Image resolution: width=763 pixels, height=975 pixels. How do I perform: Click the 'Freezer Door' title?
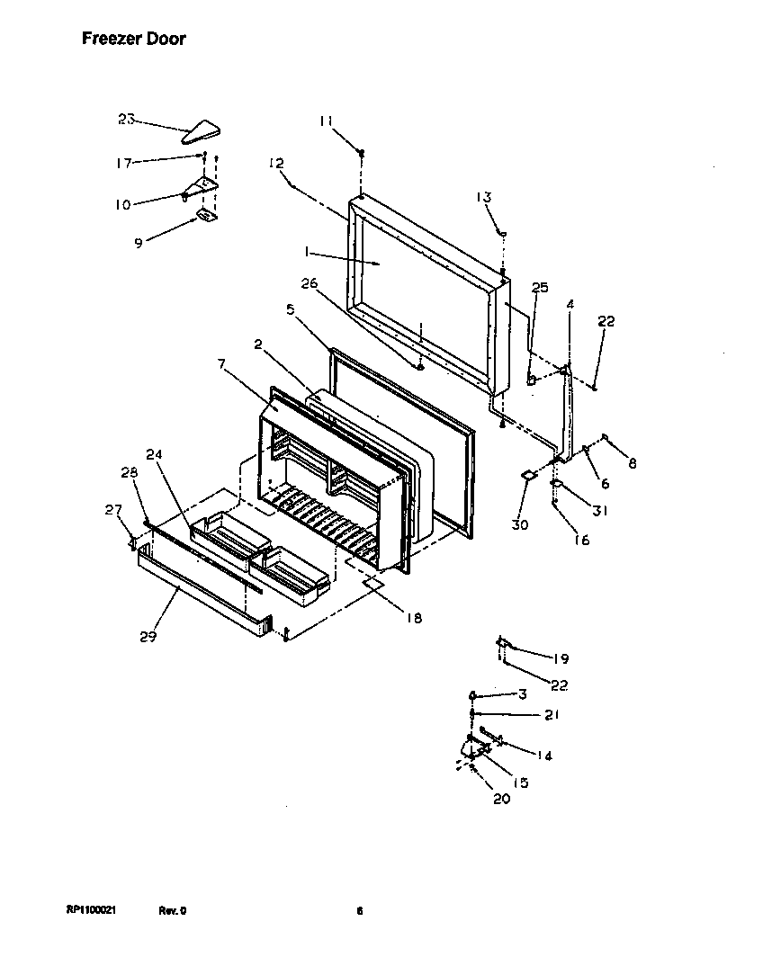coord(134,39)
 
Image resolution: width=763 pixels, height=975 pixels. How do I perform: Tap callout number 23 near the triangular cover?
coord(126,119)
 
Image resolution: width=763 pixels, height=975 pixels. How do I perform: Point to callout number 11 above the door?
coord(325,121)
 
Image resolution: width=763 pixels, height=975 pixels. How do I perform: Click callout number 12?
coord(276,163)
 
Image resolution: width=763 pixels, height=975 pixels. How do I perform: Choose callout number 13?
coord(483,197)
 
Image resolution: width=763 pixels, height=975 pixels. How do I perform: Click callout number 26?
coord(309,284)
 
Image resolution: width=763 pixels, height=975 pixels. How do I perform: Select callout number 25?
coord(539,288)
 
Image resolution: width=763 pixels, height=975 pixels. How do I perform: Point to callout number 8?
coord(632,464)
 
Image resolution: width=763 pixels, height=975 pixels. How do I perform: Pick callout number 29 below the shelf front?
coord(148,637)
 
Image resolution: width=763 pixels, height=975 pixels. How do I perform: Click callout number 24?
coord(154,454)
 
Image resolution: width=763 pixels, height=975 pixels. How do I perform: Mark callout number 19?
coord(561,658)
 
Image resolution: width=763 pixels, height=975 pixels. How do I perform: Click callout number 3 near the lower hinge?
coord(521,694)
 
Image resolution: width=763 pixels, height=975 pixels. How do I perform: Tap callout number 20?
coord(501,799)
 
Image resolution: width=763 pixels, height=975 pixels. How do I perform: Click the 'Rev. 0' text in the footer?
coord(173,910)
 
